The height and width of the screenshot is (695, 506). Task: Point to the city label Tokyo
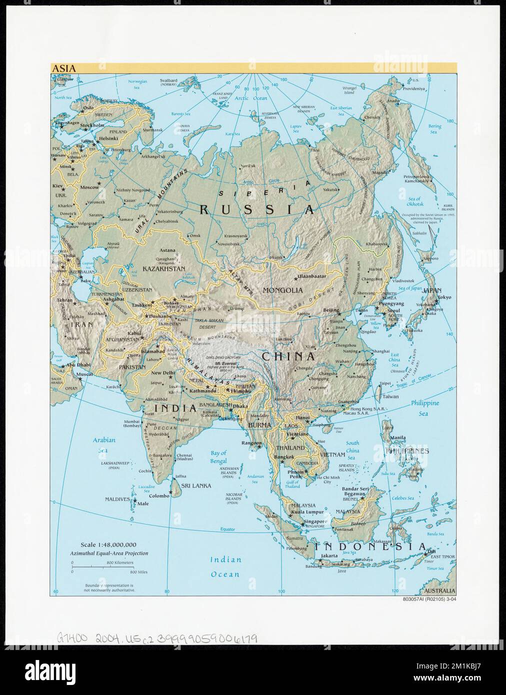(x=443, y=298)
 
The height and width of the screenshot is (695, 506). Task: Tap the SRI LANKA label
(x=196, y=485)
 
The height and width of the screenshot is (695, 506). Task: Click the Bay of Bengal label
(x=218, y=456)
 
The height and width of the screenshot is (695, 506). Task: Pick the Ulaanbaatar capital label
(x=311, y=275)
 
